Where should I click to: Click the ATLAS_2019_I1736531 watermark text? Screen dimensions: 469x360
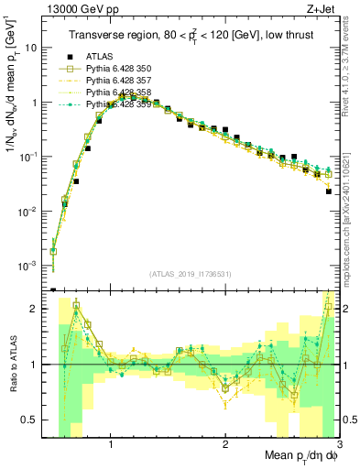click(x=191, y=274)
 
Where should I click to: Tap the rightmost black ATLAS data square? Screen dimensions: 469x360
click(x=328, y=191)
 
